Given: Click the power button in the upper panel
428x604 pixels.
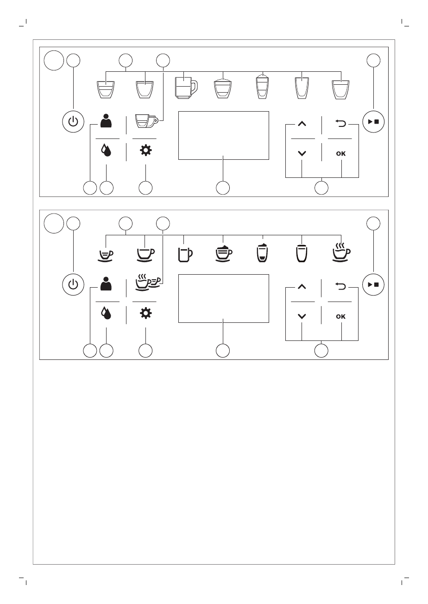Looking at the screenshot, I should click(73, 122).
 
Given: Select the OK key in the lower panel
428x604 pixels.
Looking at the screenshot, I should click(340, 317).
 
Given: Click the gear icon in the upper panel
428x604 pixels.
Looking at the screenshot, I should click(145, 151).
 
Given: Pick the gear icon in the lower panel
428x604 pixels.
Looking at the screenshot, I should click(145, 314).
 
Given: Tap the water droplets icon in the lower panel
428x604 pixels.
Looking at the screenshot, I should click(107, 314).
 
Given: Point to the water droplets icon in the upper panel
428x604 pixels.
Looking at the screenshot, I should click(107, 151).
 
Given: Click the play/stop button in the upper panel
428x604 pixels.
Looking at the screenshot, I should click(373, 122).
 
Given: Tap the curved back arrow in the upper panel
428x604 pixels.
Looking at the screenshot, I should click(340, 123).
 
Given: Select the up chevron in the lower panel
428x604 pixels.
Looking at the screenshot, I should click(302, 287).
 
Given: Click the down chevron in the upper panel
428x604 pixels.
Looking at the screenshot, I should click(302, 154).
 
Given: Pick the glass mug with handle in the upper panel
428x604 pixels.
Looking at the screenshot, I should click(185, 86).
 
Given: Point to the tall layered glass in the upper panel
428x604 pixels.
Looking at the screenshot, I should click(263, 86).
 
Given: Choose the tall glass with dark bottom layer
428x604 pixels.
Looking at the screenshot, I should click(263, 253).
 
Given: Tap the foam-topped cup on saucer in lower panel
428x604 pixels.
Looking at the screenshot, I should click(224, 253).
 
